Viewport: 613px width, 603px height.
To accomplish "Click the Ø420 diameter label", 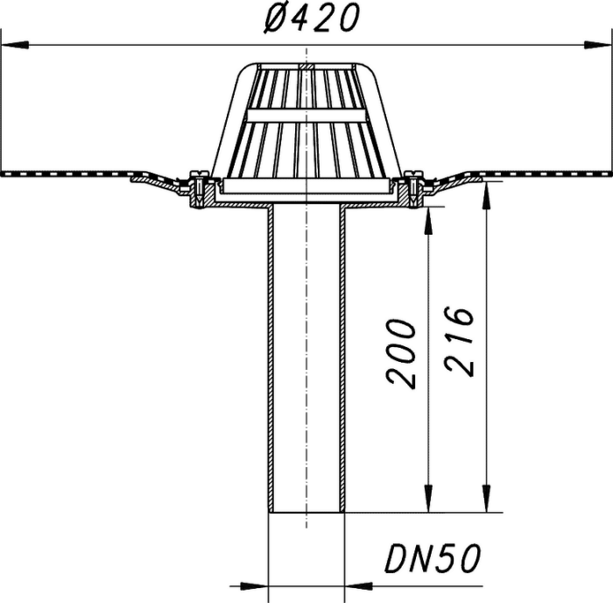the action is coord(311,18).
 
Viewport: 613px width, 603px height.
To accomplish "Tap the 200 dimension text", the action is coord(400,355).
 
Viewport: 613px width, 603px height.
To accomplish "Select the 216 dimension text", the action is coord(460,341).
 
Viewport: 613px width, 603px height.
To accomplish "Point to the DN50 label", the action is coord(433,558).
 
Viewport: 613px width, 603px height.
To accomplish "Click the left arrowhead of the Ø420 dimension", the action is coord(15,45).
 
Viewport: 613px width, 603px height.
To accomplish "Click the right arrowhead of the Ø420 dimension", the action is coord(597,45).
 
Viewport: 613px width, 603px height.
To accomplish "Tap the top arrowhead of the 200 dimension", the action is coord(429,220).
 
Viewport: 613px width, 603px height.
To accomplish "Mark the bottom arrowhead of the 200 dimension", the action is coord(429,499).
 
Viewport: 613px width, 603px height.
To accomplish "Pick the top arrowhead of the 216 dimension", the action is coord(486,195).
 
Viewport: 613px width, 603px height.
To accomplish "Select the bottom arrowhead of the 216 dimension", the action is coord(486,499).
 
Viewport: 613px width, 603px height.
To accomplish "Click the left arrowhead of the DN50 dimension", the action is coord(254,586).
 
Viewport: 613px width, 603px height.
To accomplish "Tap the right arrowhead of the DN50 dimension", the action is coord(359,586).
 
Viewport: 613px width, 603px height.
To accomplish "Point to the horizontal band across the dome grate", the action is coord(306,115).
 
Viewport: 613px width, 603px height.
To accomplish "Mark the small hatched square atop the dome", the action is coord(306,67).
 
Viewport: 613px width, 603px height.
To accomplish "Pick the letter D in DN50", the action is coord(397,558).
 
